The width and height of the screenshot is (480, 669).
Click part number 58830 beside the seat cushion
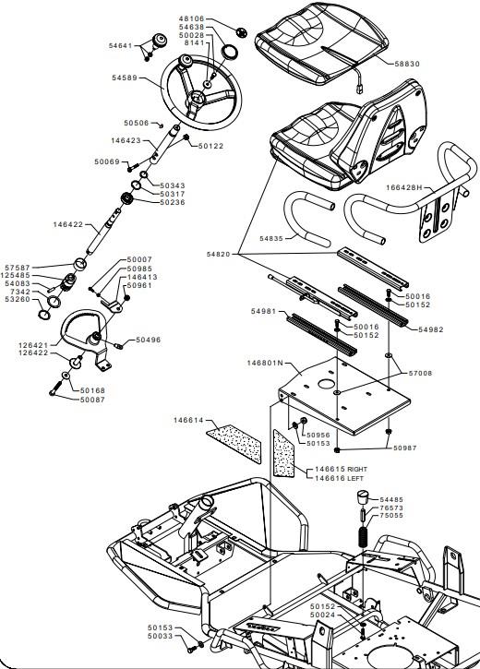[406, 64]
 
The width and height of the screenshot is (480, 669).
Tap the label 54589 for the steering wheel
[125, 78]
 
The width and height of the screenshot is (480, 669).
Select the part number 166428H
[403, 187]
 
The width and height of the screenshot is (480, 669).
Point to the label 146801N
[265, 363]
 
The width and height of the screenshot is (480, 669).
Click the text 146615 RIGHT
[341, 469]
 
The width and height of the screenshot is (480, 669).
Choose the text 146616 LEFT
[339, 478]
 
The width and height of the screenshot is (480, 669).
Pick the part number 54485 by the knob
[391, 499]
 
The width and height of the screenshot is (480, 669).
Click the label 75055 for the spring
[391, 516]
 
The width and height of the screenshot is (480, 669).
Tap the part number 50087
[92, 400]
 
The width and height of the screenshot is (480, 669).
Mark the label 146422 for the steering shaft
[67, 224]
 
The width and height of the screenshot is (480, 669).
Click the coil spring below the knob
[363, 536]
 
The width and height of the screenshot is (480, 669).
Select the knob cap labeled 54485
[362, 498]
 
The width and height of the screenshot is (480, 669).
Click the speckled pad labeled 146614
[234, 443]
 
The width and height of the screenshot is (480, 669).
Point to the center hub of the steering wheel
[197, 99]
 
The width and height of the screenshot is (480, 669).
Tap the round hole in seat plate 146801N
[326, 384]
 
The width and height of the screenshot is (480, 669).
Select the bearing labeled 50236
[126, 198]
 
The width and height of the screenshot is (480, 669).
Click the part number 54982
[430, 329]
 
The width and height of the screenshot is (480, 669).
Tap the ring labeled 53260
[44, 315]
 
